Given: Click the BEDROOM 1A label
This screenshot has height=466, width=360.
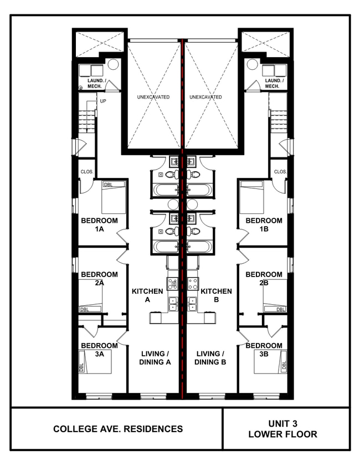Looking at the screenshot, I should (x=99, y=224).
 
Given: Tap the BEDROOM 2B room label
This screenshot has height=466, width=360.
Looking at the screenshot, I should (x=264, y=278).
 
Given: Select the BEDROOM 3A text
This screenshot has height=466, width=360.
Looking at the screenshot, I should (x=99, y=350).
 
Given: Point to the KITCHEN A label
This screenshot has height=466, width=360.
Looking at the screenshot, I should (x=147, y=295).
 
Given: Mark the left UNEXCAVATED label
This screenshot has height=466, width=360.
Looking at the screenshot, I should (x=153, y=97).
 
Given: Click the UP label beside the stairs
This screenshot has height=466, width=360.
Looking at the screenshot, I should (x=102, y=101).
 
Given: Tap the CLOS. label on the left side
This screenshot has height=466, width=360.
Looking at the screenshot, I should (x=86, y=172).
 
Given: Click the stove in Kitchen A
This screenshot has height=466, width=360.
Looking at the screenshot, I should (x=173, y=284).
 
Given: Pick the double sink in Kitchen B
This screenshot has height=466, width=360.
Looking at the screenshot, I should (x=193, y=304).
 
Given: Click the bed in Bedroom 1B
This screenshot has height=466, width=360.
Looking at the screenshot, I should (x=252, y=197).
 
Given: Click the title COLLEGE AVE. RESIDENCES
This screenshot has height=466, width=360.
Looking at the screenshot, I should (x=118, y=429).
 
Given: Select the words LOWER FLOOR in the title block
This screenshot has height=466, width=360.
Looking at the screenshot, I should (x=283, y=434).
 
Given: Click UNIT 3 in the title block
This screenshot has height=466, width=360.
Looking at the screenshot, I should (x=283, y=423).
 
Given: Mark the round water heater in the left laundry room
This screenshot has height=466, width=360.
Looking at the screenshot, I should (x=113, y=64).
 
